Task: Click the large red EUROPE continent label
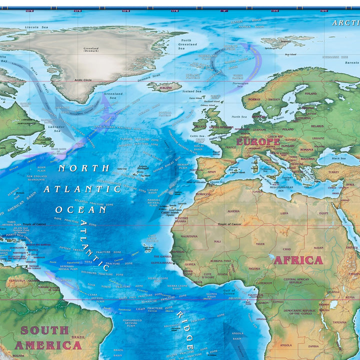258,142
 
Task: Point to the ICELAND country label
165,87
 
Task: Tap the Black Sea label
338,158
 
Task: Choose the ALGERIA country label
233,211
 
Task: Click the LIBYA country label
284,213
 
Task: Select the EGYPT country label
324,213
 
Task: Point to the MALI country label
217,241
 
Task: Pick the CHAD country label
286,248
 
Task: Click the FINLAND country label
310,93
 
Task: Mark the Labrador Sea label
57,129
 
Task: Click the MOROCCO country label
202,194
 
